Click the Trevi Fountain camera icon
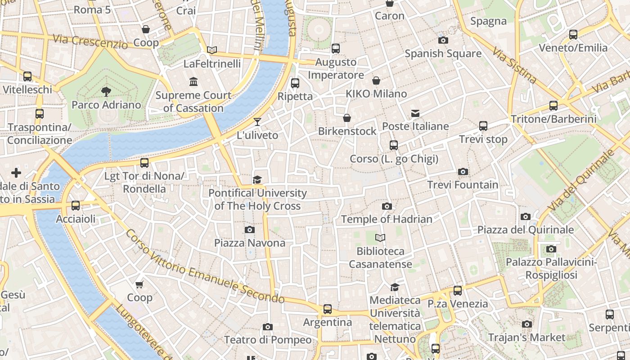click(463, 171)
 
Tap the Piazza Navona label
click(249, 243)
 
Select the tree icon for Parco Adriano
click(106, 92)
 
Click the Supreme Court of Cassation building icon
click(194, 82)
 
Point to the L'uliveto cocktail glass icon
click(257, 121)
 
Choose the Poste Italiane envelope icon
click(415, 113)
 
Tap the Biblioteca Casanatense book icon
click(380, 238)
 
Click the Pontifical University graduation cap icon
click(257, 180)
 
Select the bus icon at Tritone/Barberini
click(553, 106)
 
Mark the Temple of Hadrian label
click(387, 219)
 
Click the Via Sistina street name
click(514, 66)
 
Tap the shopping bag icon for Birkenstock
click(347, 118)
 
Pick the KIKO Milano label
click(376, 94)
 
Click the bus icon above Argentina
click(328, 309)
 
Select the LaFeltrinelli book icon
click(212, 50)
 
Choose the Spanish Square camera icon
click(443, 40)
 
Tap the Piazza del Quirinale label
click(525, 230)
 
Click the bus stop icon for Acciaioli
click(76, 206)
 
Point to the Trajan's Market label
click(526, 337)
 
